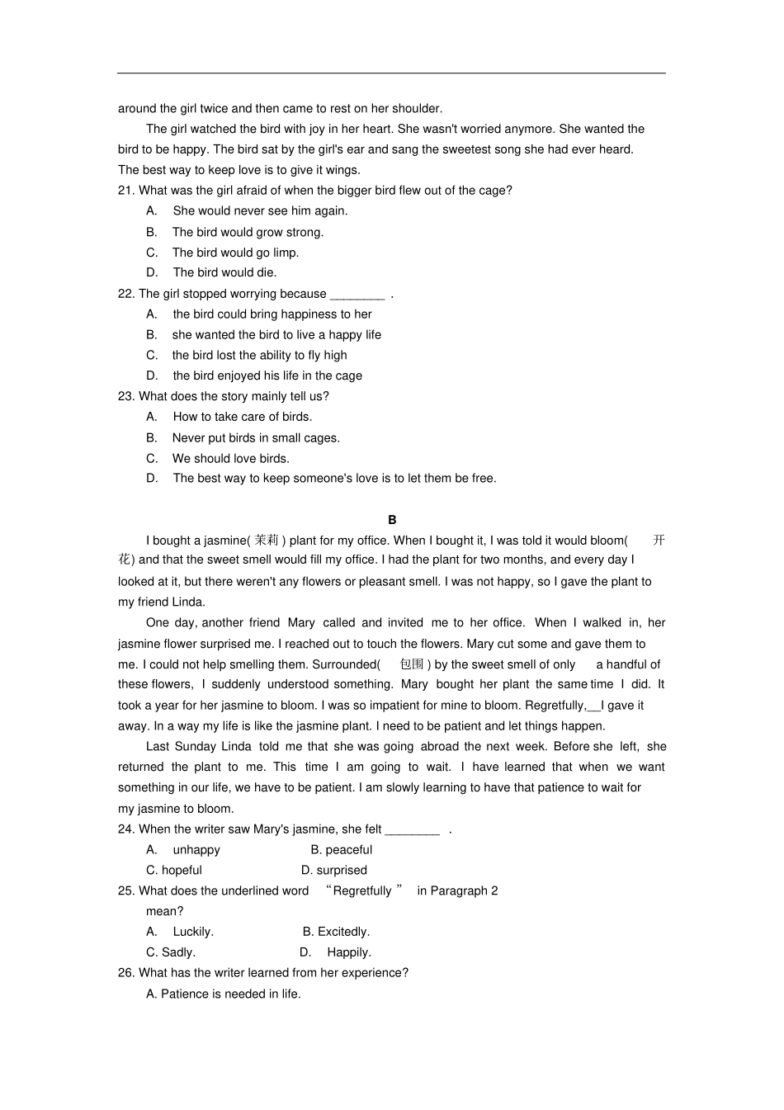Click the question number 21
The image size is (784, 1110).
(x=126, y=191)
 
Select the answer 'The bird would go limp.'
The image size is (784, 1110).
(x=235, y=253)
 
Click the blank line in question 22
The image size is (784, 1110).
(x=357, y=295)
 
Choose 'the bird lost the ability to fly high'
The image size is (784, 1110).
(x=259, y=356)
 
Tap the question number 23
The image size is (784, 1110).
(x=126, y=397)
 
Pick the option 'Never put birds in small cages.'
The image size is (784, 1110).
(x=256, y=438)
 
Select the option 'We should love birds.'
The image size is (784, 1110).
(x=230, y=459)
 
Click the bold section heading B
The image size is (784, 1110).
(x=392, y=520)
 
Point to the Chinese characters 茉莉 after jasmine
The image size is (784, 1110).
(x=267, y=541)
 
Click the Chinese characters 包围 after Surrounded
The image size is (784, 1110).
(x=412, y=664)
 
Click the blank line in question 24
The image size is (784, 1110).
(x=412, y=830)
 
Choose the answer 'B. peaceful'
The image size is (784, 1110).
(x=341, y=850)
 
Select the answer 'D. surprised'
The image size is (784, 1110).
(x=333, y=871)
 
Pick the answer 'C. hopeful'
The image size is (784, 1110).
(x=174, y=871)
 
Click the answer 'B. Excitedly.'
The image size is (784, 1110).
(x=336, y=932)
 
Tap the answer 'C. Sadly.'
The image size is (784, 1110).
(x=171, y=952)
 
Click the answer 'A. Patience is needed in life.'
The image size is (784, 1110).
(x=224, y=994)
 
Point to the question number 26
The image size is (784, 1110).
(x=126, y=973)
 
